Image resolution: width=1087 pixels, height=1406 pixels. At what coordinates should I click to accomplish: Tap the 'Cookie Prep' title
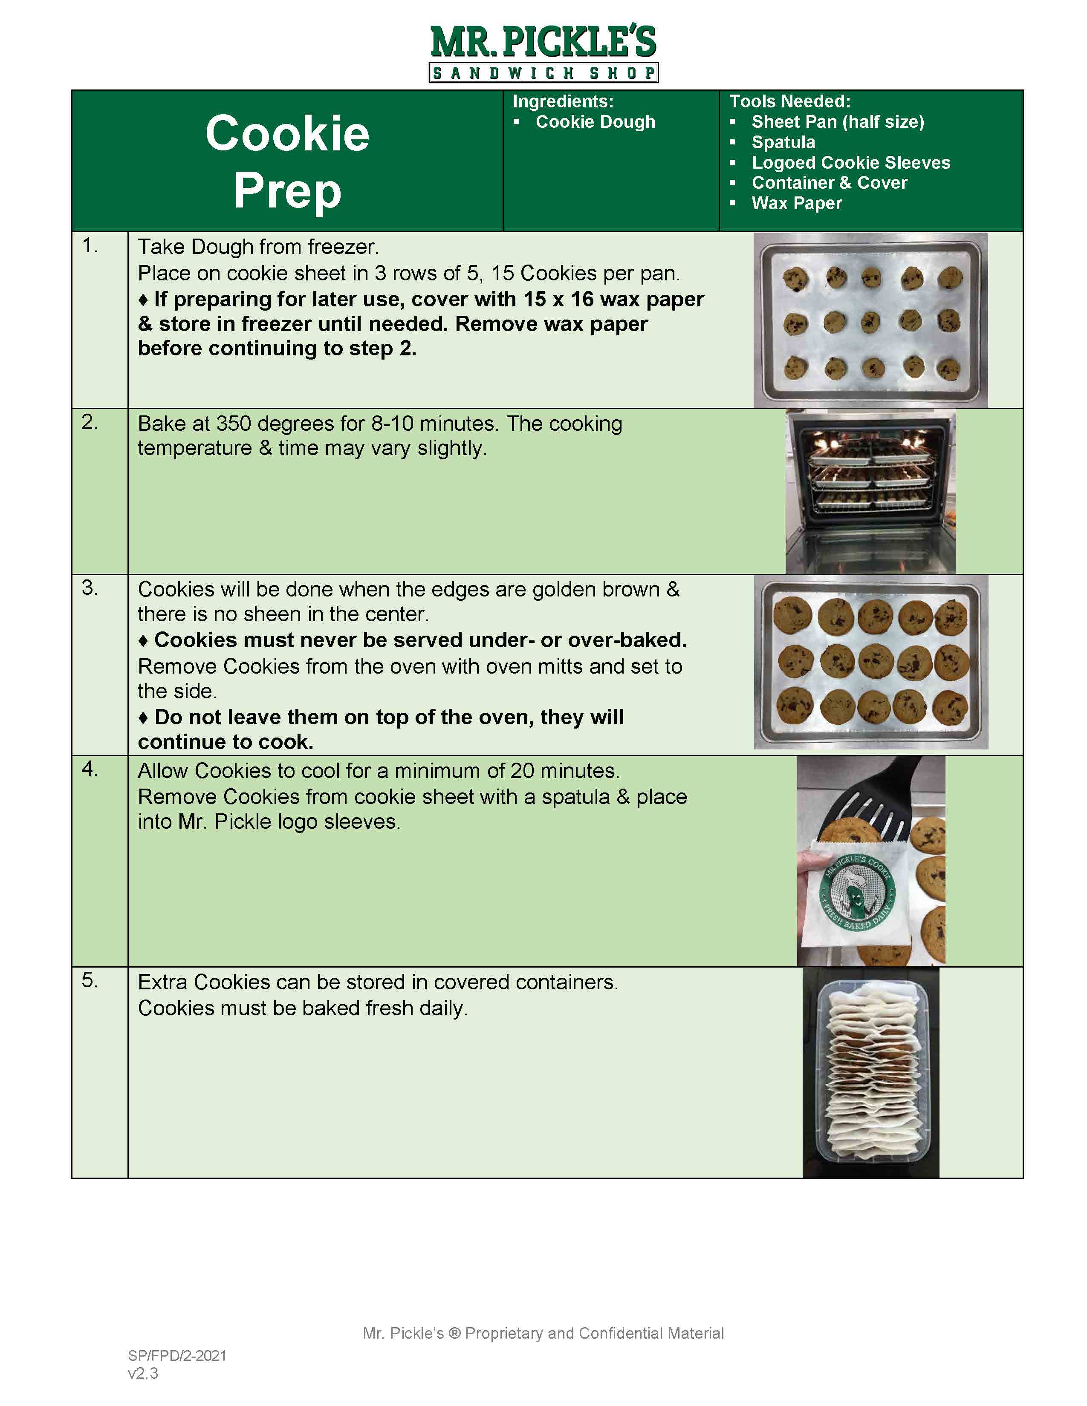pyautogui.click(x=287, y=161)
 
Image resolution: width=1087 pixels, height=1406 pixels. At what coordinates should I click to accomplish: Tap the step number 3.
pyautogui.click(x=90, y=588)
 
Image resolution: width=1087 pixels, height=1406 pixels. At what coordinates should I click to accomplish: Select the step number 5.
pyautogui.click(x=90, y=980)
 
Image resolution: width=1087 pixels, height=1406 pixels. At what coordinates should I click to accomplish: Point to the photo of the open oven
pyautogui.click(x=870, y=492)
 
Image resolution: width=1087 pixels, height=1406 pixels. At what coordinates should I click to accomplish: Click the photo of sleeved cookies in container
pyautogui.click(x=870, y=1072)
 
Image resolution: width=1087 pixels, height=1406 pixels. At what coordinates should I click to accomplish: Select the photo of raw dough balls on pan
pyautogui.click(x=870, y=320)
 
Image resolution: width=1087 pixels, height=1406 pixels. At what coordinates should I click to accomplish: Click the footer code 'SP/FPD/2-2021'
pyautogui.click(x=177, y=1356)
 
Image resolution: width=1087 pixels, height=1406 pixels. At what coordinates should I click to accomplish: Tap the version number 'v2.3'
pyautogui.click(x=143, y=1373)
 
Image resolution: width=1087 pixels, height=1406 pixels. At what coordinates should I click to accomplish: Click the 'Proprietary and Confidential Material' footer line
pyautogui.click(x=594, y=1333)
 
